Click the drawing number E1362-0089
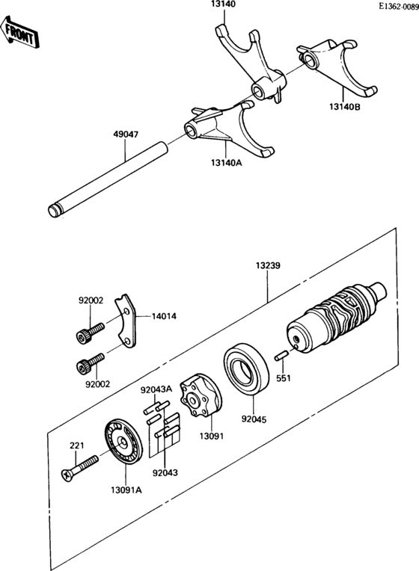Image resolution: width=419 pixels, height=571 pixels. (x=398, y=7)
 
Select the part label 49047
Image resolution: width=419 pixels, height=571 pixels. (x=126, y=135)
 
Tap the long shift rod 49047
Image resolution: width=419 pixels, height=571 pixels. (x=108, y=181)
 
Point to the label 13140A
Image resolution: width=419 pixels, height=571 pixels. (x=226, y=162)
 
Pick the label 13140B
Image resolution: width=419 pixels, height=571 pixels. (x=345, y=107)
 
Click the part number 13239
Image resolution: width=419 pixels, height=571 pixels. (x=268, y=265)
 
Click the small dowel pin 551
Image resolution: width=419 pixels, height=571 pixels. (x=282, y=356)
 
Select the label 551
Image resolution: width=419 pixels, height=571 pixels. (x=284, y=378)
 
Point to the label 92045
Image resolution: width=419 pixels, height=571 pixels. (x=254, y=419)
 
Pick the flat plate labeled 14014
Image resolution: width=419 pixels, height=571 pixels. (x=126, y=321)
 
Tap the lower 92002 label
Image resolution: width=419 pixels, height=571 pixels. (x=98, y=384)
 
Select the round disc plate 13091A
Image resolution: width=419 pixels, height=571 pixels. (x=123, y=442)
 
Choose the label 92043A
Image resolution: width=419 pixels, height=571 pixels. (x=156, y=389)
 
